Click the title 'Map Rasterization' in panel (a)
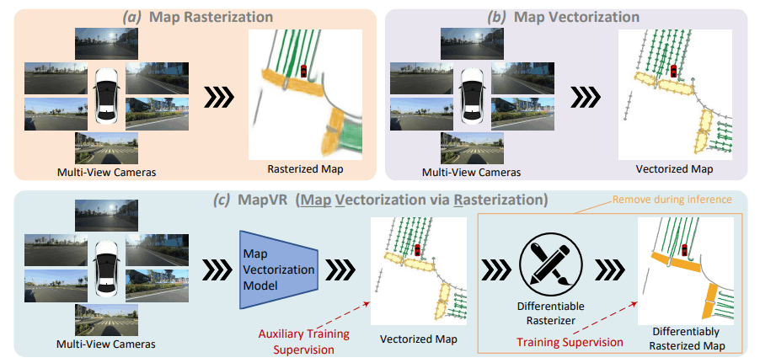[211, 18]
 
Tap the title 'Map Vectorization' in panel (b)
[576, 18]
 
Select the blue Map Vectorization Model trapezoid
[279, 270]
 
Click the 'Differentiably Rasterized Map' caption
[685, 339]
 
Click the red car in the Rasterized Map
[303, 71]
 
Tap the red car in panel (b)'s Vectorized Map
[673, 71]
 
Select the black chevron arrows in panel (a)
[218, 98]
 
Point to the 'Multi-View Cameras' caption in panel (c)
[107, 344]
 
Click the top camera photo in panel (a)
[107, 44]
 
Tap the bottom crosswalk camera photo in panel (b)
[472, 148]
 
